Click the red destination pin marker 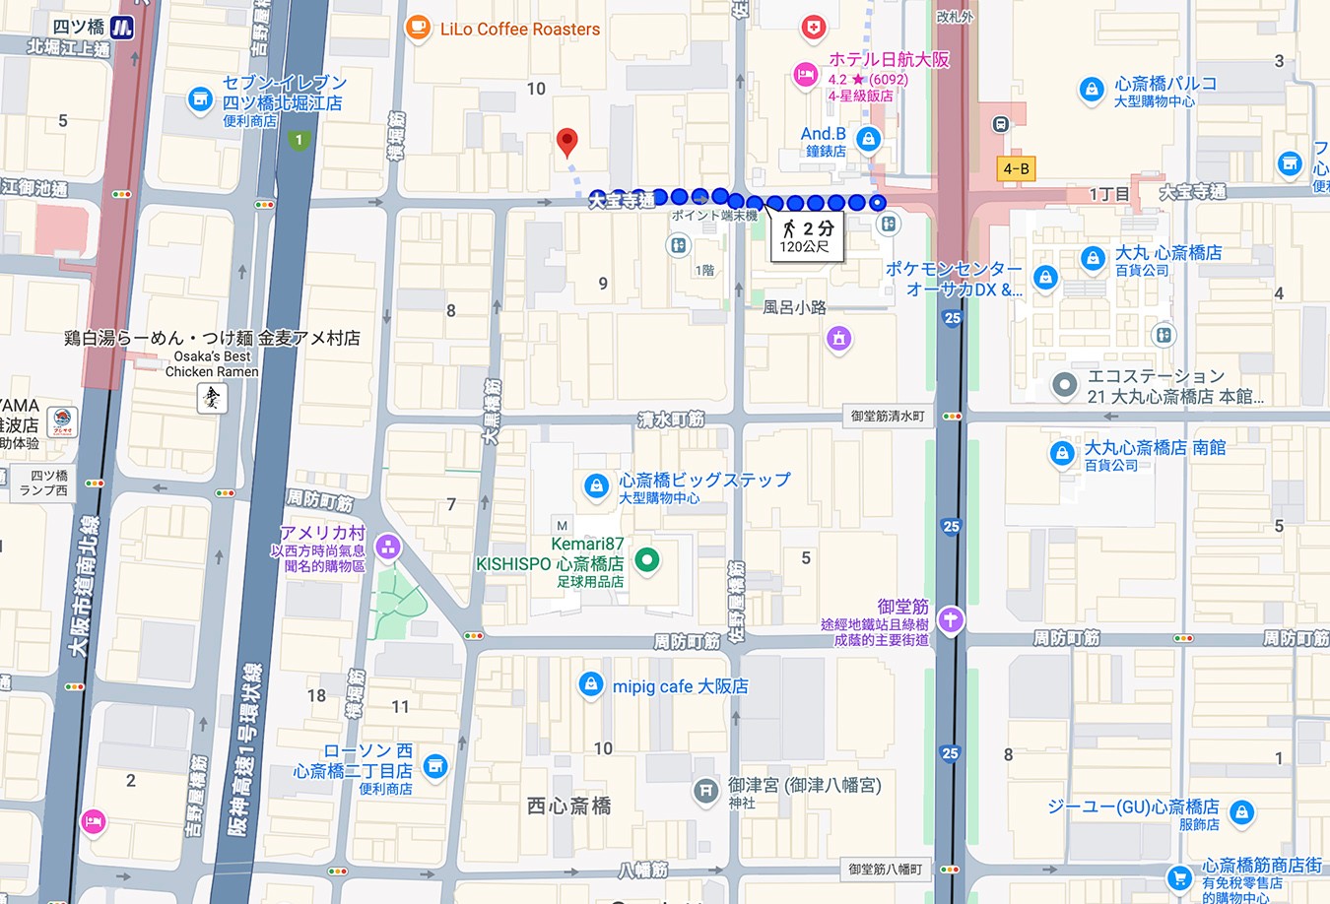pos(566,142)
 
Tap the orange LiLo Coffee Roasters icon pos(418,28)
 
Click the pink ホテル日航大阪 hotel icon pos(806,74)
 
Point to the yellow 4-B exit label pos(1016,168)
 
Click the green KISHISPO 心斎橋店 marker pos(646,560)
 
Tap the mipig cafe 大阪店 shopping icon pos(590,685)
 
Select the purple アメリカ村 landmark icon pos(387,546)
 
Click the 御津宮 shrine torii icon pos(705,790)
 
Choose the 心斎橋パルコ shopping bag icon pos(1091,90)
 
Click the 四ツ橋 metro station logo pos(121,28)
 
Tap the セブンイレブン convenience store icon pos(200,98)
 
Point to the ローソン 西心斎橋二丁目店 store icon pos(434,766)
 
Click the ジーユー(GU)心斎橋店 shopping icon pos(1241,812)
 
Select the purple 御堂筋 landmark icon pos(950,619)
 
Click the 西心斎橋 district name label pos(568,806)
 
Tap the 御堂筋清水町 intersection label pos(887,416)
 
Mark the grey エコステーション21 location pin pos(1063,385)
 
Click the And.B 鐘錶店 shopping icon pos(868,139)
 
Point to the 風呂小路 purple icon pos(838,339)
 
